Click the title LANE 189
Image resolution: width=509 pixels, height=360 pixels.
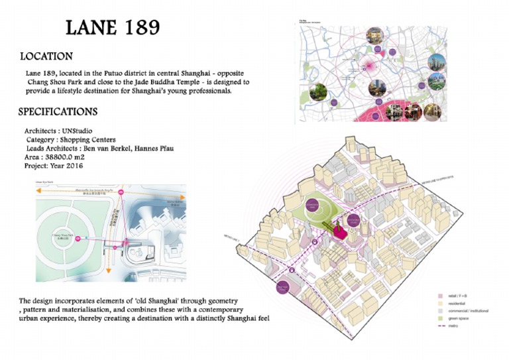[x=113, y=28]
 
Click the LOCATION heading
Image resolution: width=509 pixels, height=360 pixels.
[x=46, y=56]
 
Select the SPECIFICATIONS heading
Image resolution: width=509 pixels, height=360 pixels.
[x=58, y=111]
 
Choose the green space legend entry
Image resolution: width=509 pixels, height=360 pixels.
[x=456, y=320]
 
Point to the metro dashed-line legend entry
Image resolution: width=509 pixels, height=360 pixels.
[x=450, y=328]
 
